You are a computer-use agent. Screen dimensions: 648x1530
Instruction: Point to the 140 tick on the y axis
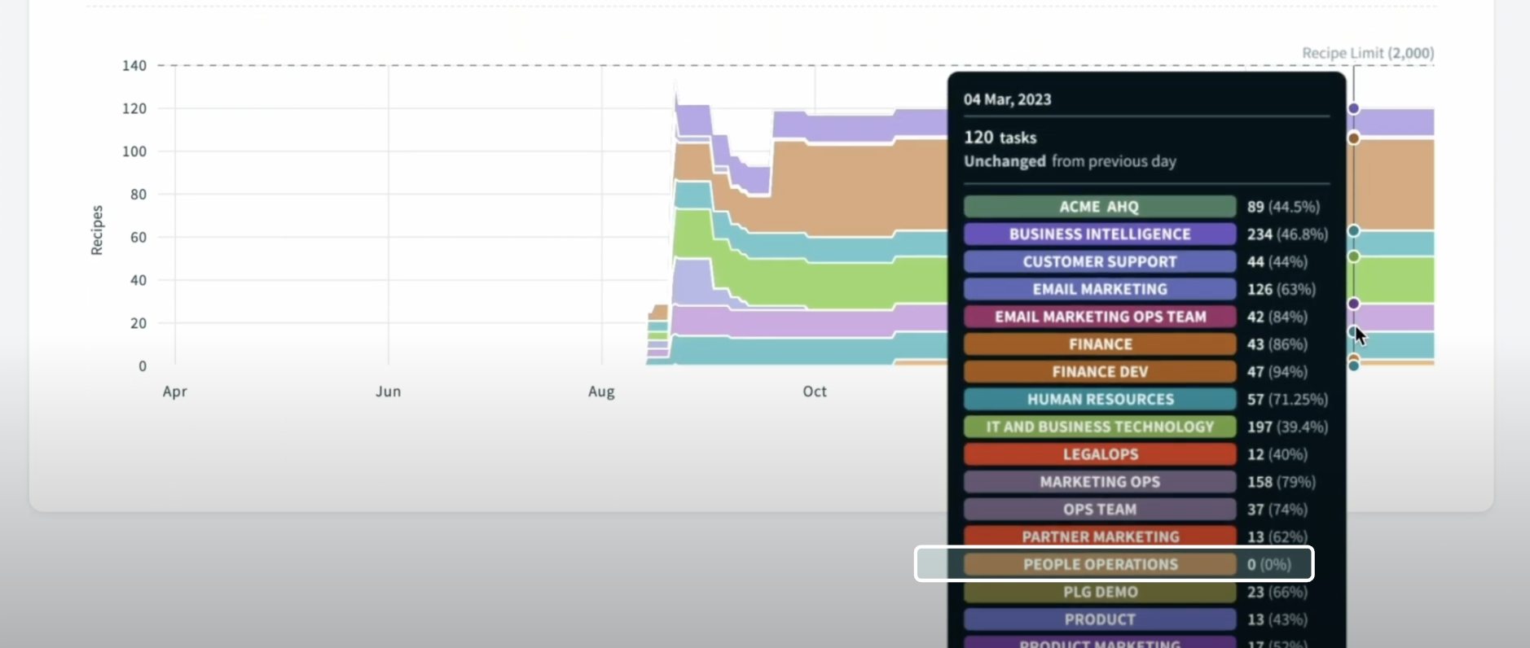(134, 66)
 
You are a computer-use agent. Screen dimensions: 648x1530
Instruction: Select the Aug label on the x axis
(601, 392)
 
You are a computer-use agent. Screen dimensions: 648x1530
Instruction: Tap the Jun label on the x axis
(388, 392)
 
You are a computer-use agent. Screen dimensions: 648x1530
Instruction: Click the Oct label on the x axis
(815, 392)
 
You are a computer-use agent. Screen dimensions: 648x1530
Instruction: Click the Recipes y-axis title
(97, 230)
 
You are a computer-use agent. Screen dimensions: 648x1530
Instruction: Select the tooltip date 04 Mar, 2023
(1007, 99)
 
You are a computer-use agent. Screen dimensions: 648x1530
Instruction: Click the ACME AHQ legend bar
(1099, 207)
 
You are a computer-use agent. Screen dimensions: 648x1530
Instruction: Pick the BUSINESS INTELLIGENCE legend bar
(1099, 234)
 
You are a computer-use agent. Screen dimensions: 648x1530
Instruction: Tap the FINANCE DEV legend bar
(1099, 372)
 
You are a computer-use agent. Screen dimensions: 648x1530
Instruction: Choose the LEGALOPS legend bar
(1099, 454)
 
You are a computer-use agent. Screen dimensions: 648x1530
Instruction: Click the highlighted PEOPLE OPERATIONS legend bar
(1099, 564)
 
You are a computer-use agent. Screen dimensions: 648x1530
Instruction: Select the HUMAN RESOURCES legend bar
(1099, 400)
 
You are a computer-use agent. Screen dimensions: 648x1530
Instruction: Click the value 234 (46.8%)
(1286, 234)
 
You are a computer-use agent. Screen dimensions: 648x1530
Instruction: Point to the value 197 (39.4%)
(1286, 427)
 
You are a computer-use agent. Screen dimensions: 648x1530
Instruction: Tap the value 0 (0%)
(1268, 564)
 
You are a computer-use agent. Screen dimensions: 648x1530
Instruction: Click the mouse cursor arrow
(1359, 335)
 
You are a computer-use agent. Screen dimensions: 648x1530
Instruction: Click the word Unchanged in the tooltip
(1005, 161)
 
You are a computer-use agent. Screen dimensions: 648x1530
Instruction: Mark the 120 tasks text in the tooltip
(1000, 138)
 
